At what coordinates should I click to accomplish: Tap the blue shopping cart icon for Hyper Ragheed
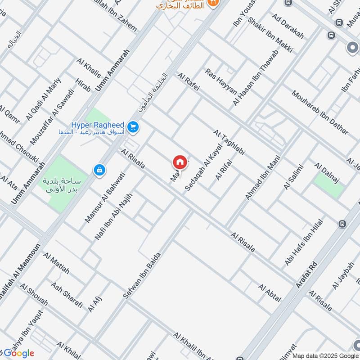tap(132, 127)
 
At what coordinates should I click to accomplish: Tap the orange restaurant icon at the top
tap(215, 3)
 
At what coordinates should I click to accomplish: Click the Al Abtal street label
tap(270, 293)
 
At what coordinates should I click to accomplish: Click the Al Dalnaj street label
tap(329, 174)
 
